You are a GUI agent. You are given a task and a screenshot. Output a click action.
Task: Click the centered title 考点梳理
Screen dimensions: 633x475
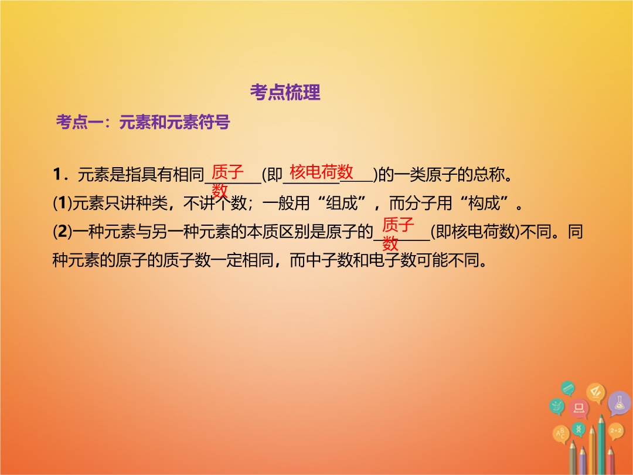(285, 93)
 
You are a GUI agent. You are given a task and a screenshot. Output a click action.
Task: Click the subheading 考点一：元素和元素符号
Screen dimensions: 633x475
(143, 122)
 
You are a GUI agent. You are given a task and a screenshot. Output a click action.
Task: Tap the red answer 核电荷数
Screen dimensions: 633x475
(321, 172)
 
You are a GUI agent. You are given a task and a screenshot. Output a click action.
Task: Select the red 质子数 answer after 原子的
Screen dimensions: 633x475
(398, 233)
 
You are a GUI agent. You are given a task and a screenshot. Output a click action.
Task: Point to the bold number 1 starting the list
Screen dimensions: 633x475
(57, 175)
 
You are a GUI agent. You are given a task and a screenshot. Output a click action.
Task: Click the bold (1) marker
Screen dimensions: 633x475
(62, 203)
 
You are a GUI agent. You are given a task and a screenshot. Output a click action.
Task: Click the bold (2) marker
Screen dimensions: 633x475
(62, 232)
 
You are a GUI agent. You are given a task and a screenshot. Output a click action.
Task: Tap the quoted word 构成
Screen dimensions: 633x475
(484, 203)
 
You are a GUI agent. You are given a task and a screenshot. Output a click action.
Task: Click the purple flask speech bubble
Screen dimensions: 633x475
(620, 403)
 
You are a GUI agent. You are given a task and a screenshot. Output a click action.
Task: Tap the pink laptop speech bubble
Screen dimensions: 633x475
(579, 408)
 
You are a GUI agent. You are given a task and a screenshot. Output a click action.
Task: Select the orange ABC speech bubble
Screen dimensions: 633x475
(561, 434)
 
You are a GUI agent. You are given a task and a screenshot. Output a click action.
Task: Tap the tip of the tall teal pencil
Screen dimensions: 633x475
(601, 415)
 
